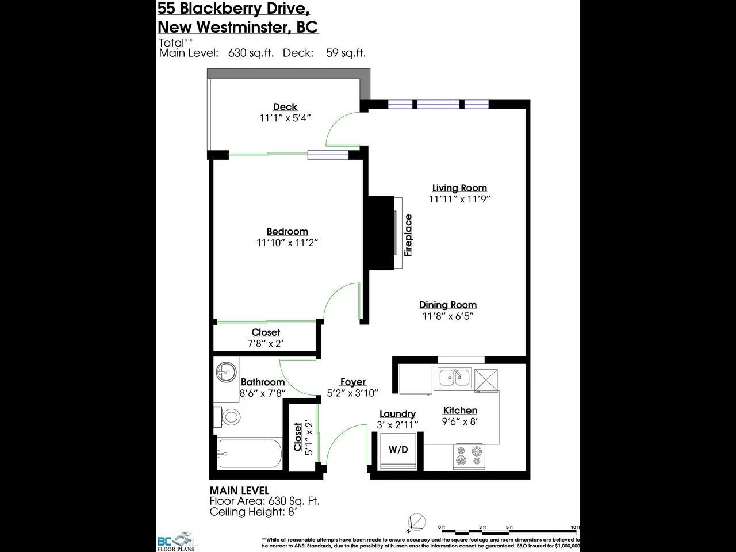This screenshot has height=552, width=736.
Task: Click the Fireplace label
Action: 408,235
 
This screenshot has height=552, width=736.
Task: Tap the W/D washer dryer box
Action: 398,450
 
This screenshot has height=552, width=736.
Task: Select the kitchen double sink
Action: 454,378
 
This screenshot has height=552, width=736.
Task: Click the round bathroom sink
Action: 226,372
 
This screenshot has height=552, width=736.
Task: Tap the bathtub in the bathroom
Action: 248,454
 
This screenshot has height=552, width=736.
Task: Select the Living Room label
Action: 459,188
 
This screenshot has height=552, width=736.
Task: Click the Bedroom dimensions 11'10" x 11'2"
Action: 287,243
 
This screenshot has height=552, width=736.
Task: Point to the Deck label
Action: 285,107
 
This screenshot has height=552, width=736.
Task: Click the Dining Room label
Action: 448,305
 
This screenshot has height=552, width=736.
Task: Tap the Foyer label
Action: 352,382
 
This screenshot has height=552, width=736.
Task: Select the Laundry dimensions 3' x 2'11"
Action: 397,425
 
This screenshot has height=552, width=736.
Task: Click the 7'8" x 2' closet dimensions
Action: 265,344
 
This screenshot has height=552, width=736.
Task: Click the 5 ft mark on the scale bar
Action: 509,527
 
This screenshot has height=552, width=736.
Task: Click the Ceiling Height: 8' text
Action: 252,512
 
